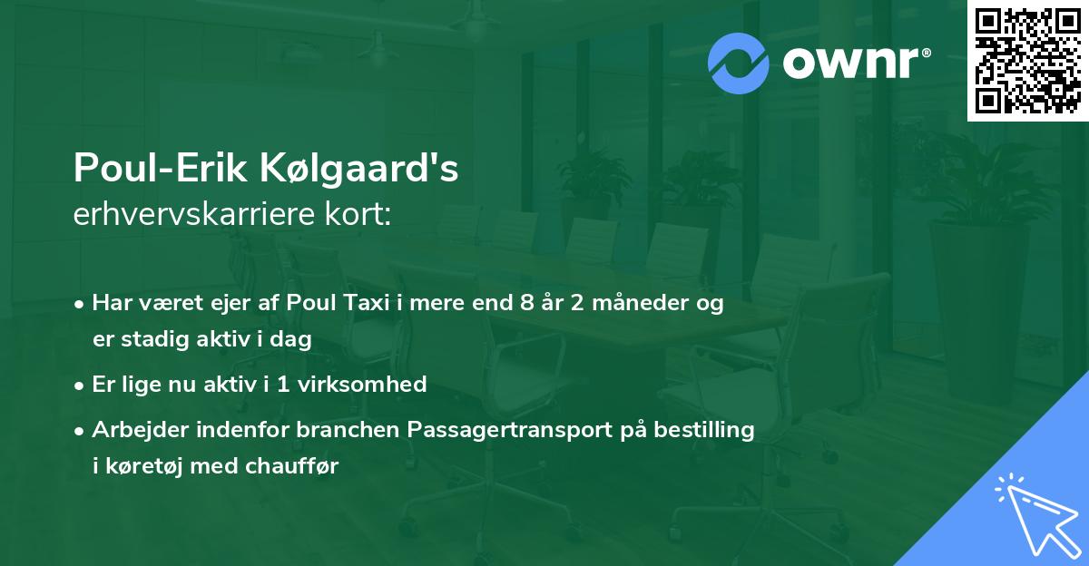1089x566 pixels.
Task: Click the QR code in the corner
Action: [x=1027, y=60]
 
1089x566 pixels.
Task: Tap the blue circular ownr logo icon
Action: [x=740, y=63]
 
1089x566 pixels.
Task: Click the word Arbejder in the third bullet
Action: [x=132, y=430]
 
